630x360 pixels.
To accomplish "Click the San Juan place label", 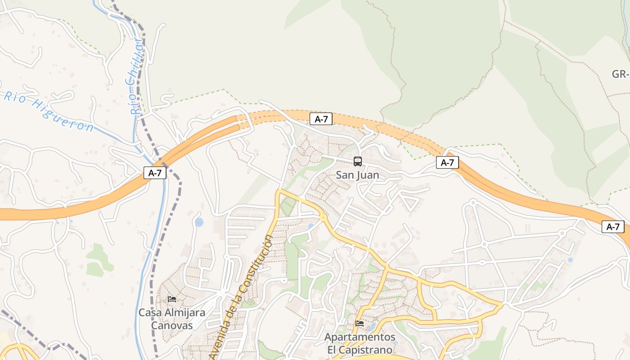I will coord(357,175).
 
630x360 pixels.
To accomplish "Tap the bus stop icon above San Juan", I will coord(358,162).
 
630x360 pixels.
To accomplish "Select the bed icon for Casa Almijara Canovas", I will coord(172,299).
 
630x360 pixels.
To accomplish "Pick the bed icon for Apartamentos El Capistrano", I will coord(359,324).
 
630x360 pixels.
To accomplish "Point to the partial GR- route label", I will coord(621,74).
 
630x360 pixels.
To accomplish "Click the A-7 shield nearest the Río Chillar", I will coord(155,173).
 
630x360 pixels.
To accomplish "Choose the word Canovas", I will coord(171,325).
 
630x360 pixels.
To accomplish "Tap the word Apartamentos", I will coord(360,337).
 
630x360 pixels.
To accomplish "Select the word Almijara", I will coord(184,313).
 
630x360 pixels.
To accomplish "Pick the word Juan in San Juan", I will coord(369,175).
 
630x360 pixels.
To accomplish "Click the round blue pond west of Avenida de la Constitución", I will coord(199,222).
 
